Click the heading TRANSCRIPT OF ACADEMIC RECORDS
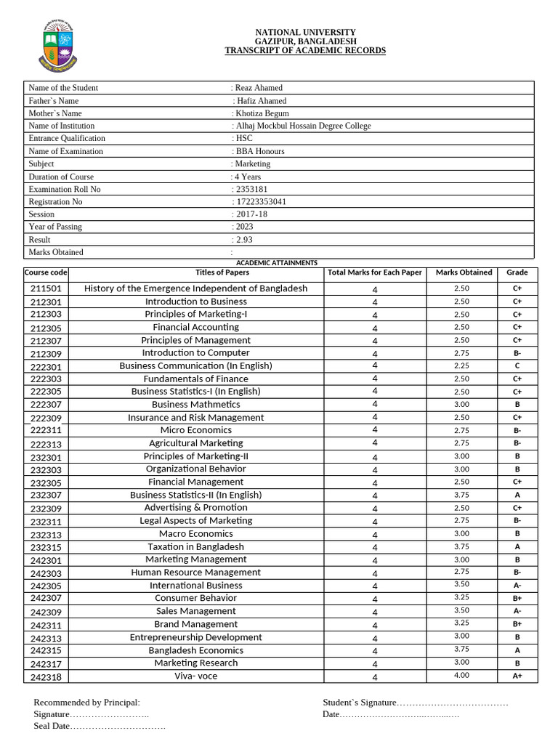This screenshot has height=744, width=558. tap(305, 51)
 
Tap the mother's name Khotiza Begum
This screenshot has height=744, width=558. tap(261, 113)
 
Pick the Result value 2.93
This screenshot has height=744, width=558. tap(244, 240)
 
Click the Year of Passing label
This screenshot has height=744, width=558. tap(55, 227)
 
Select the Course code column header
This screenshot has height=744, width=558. tap(46, 273)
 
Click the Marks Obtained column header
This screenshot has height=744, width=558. tap(464, 273)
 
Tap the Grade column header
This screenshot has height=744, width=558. tap(517, 273)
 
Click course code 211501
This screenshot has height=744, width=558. tap(46, 289)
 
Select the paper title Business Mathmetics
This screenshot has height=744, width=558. tap(195, 405)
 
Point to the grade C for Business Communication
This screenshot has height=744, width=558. tap(517, 366)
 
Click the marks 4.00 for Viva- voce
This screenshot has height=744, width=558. tap(461, 676)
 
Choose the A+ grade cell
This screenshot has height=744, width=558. tap(517, 676)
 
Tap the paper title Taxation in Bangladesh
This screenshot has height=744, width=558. tap(195, 547)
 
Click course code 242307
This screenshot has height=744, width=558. tap(46, 599)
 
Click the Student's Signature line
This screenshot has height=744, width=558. tap(415, 703)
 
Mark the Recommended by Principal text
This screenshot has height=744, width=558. tap(86, 703)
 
